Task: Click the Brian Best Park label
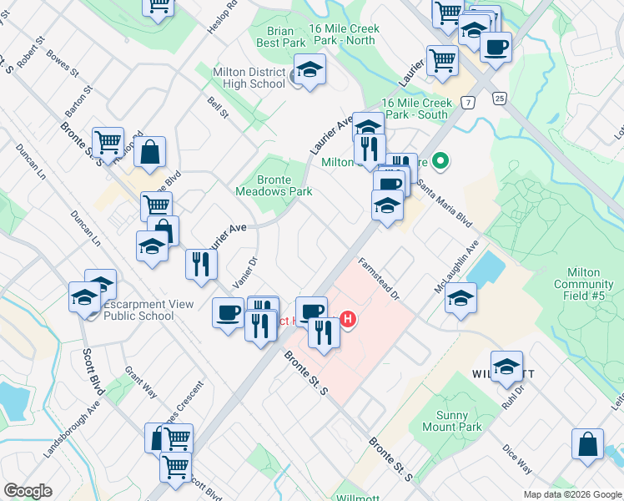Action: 281,36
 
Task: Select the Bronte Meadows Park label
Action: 284,185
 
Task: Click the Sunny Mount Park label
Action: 459,420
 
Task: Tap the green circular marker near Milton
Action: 443,162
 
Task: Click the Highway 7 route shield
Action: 471,102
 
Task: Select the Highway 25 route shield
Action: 499,99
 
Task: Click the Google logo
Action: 28,491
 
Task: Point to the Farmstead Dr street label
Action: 380,278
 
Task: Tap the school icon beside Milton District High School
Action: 309,73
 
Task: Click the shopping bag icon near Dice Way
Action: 587,445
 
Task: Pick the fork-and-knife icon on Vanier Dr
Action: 200,265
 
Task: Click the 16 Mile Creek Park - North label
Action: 344,34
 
